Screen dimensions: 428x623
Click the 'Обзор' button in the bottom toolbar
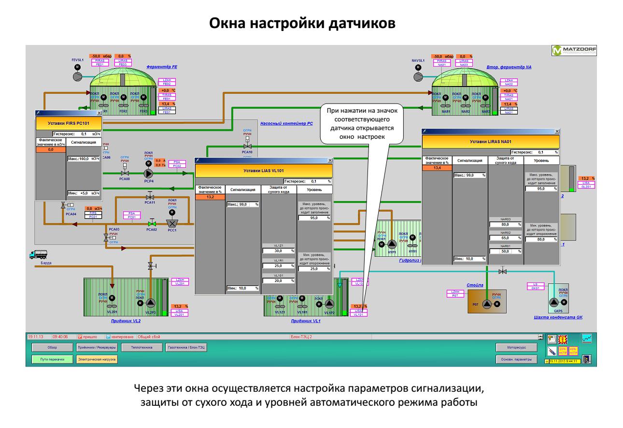[x=52, y=347]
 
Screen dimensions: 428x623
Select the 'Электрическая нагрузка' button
[x=96, y=359]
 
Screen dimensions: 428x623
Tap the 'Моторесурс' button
[x=516, y=347]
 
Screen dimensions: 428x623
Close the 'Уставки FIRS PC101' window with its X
[x=99, y=112]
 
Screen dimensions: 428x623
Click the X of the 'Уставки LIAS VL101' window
[x=330, y=160]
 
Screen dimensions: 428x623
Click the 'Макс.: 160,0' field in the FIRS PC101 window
[x=83, y=159]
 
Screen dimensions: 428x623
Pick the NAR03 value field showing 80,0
[x=505, y=224]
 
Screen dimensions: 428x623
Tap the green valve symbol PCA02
[x=152, y=224]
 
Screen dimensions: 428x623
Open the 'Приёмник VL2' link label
[x=124, y=320]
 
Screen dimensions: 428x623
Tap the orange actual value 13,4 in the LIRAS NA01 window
[x=437, y=168]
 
